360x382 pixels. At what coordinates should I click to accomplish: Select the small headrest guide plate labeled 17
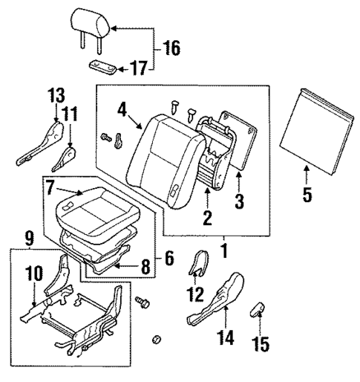click(x=103, y=67)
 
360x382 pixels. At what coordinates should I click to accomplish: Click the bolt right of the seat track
click(x=143, y=302)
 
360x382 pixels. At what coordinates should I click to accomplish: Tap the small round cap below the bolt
click(x=155, y=340)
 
